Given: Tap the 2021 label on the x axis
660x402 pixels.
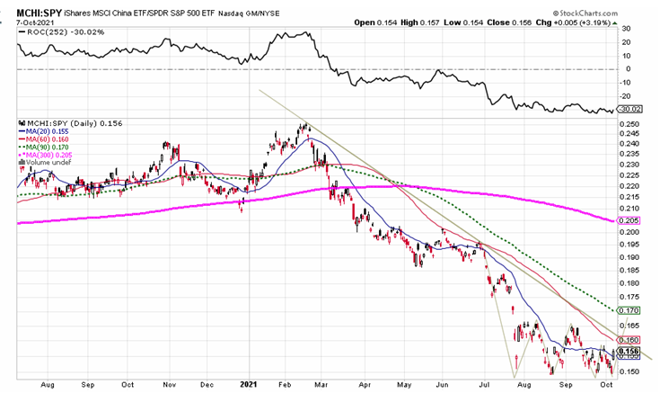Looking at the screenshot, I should click(249, 384).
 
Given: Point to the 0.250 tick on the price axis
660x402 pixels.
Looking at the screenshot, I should click(631, 124).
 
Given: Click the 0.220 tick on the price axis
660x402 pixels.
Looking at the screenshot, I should click(631, 186).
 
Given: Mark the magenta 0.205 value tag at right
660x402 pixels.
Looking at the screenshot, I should click(631, 221).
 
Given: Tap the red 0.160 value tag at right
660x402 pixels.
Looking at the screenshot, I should click(631, 340).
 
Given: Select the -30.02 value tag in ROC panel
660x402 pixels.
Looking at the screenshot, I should click(632, 110).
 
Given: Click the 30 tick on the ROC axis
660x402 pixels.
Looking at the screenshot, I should click(626, 29).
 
